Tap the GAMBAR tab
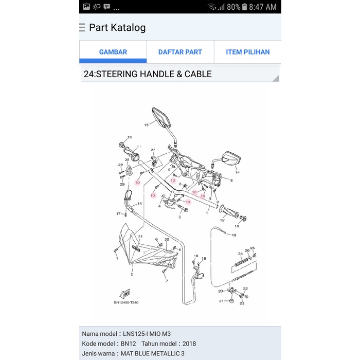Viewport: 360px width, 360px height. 113,52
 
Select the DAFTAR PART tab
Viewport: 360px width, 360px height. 180,52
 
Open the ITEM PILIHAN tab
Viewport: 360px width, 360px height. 247,52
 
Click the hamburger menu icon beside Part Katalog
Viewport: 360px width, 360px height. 82,27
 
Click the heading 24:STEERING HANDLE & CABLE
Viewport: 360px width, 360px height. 148,74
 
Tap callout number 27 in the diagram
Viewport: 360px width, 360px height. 153,150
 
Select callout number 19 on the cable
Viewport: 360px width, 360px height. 234,235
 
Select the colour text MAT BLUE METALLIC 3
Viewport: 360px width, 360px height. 152,353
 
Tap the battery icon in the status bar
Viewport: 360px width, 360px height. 244,7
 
